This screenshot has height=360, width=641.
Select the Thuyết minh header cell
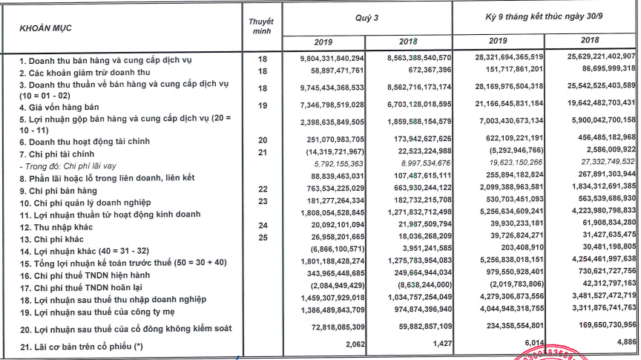pyautogui.click(x=261, y=27)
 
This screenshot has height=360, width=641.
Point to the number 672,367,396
pyautogui.click(x=426, y=70)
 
